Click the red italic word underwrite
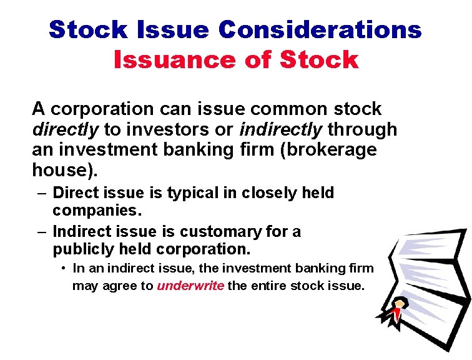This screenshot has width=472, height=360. click(x=190, y=286)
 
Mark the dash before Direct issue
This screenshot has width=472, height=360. click(x=42, y=193)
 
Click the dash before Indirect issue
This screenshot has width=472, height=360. click(x=42, y=231)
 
